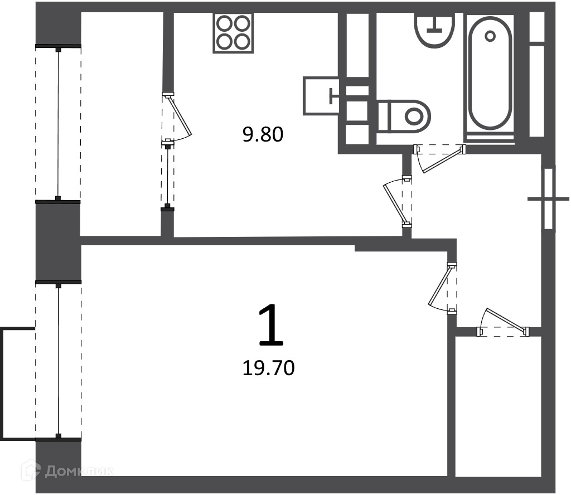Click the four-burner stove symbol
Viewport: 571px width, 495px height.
(233, 33)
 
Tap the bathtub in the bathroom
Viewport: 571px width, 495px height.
(490, 77)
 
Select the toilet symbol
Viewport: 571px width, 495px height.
(404, 117)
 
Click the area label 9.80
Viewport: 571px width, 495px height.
(263, 135)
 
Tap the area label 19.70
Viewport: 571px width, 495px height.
(268, 368)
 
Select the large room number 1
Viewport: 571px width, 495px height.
(270, 325)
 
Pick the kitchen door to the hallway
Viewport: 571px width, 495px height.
(398, 202)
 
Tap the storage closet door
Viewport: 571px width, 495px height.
(504, 323)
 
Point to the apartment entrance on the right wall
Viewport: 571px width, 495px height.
(549, 199)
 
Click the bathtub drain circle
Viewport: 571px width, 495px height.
(490, 36)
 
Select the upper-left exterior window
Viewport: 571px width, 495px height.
(58, 123)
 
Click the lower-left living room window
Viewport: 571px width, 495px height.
(58, 360)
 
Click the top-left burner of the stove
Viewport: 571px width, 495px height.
(224, 24)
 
